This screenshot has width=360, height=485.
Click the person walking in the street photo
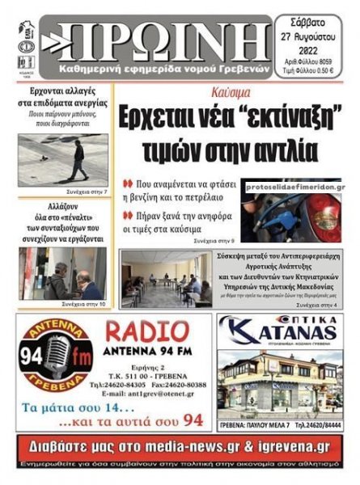pos(78,160)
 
